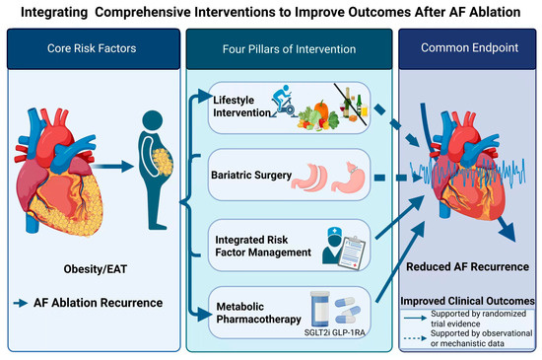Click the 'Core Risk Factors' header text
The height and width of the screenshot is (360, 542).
pyautogui.click(x=92, y=48)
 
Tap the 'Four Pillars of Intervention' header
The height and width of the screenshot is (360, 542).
pyautogui.click(x=289, y=49)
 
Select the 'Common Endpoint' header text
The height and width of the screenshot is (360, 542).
pyautogui.click(x=469, y=47)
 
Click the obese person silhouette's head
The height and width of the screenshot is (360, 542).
pyautogui.click(x=153, y=120)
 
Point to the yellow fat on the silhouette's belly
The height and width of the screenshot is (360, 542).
pyautogui.click(x=163, y=162)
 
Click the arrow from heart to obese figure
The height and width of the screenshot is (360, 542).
pyautogui.click(x=112, y=167)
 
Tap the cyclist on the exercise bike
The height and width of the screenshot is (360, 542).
pyautogui.click(x=284, y=101)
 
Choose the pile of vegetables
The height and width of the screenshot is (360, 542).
pyautogui.click(x=318, y=116)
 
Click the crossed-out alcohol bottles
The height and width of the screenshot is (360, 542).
pyautogui.click(x=352, y=105)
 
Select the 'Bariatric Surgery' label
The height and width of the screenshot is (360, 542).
pyautogui.click(x=251, y=175)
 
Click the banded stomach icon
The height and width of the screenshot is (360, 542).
pyautogui.click(x=348, y=177)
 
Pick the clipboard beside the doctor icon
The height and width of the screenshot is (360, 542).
pyautogui.click(x=352, y=252)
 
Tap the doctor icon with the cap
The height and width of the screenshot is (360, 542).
pyautogui.click(x=332, y=246)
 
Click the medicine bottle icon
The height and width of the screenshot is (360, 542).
pyautogui.click(x=319, y=309)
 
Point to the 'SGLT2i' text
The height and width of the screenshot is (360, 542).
pyautogui.click(x=317, y=332)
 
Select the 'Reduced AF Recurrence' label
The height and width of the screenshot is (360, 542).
pyautogui.click(x=467, y=266)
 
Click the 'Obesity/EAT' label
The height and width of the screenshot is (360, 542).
pyautogui.click(x=96, y=269)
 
